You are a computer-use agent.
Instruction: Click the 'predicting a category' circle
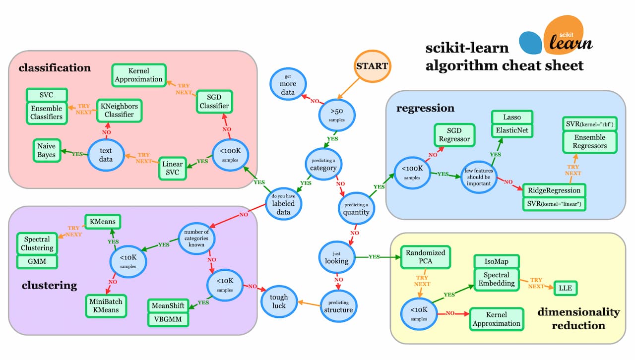pos(323,165)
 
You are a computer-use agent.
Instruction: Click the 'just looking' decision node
pos(336,256)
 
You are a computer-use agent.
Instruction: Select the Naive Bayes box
pos(47,151)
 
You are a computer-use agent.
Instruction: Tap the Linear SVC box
pos(172,168)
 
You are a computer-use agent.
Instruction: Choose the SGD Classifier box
pos(214,101)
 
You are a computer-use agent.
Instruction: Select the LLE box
pos(566,287)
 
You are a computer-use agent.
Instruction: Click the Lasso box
pos(512,117)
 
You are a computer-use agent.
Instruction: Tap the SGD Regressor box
pos(454,135)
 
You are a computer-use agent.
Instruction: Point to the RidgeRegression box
pos(554,190)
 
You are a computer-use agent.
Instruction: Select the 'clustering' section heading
pos(50,285)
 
